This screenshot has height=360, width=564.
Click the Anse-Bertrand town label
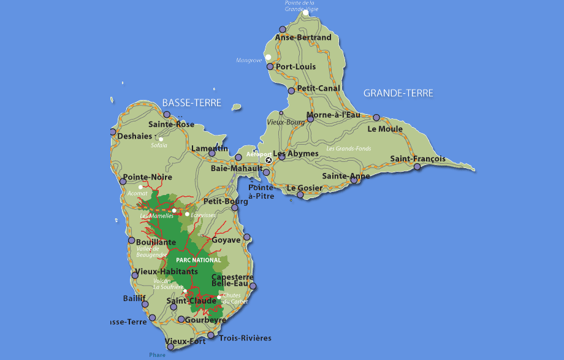(x=303, y=37)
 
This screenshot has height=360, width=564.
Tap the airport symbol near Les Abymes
(x=268, y=161)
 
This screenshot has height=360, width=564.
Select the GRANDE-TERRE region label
(x=398, y=93)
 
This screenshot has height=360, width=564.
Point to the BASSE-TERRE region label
(x=191, y=103)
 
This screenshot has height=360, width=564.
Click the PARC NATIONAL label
(x=198, y=260)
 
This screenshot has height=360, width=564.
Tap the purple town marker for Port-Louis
(x=270, y=66)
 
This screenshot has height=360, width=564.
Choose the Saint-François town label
(x=416, y=159)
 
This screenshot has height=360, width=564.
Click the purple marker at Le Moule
(x=376, y=118)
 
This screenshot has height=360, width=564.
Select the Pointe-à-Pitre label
(x=262, y=191)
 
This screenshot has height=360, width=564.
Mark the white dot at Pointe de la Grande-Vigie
(x=306, y=12)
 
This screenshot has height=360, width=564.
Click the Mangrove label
(x=249, y=60)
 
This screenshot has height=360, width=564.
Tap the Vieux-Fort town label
(x=185, y=341)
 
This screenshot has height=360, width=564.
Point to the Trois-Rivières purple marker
(x=211, y=335)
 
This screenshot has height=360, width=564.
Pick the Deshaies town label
(x=134, y=136)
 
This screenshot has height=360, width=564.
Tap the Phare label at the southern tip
(x=157, y=354)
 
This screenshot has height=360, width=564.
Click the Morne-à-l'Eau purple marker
(x=310, y=119)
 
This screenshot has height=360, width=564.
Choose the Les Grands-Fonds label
(x=348, y=148)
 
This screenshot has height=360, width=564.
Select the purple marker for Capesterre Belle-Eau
(x=252, y=286)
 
